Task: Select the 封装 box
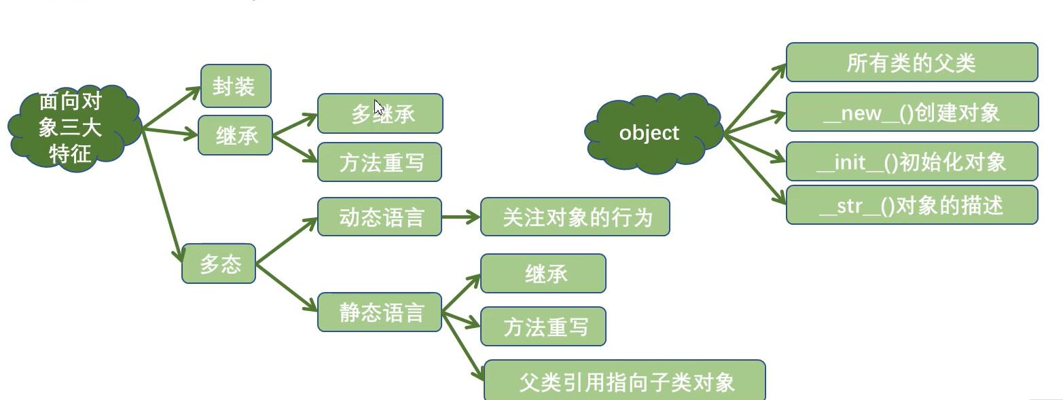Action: pyautogui.click(x=236, y=86)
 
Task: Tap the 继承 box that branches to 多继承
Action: pyautogui.click(x=235, y=135)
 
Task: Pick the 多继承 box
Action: pyautogui.click(x=380, y=113)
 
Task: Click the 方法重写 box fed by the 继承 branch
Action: pyautogui.click(x=380, y=162)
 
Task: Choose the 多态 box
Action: pyautogui.click(x=219, y=263)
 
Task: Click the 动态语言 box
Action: pyautogui.click(x=380, y=217)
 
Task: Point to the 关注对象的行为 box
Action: pyautogui.click(x=575, y=217)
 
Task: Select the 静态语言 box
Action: pyautogui.click(x=380, y=312)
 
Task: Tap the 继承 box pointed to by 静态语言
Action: pyautogui.click(x=543, y=274)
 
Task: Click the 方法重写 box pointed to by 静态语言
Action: pyautogui.click(x=543, y=327)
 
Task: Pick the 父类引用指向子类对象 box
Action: pyautogui.click(x=624, y=381)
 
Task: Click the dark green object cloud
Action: pyautogui.click(x=651, y=133)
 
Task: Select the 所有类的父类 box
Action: pyautogui.click(x=912, y=62)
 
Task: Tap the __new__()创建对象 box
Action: pyautogui.click(x=912, y=112)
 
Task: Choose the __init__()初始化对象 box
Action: pyautogui.click(x=912, y=162)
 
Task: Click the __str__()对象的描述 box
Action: pyautogui.click(x=912, y=205)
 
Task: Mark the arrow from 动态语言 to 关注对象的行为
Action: pyautogui.click(x=461, y=217)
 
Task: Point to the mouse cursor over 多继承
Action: pyautogui.click(x=378, y=108)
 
